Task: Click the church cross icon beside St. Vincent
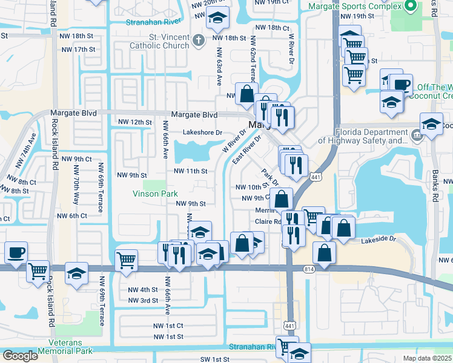click(x=199, y=41)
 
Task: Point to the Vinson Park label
click(x=156, y=194)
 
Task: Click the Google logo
click(x=20, y=356)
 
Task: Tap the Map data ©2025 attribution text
click(x=426, y=358)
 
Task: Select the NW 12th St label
click(x=134, y=122)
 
